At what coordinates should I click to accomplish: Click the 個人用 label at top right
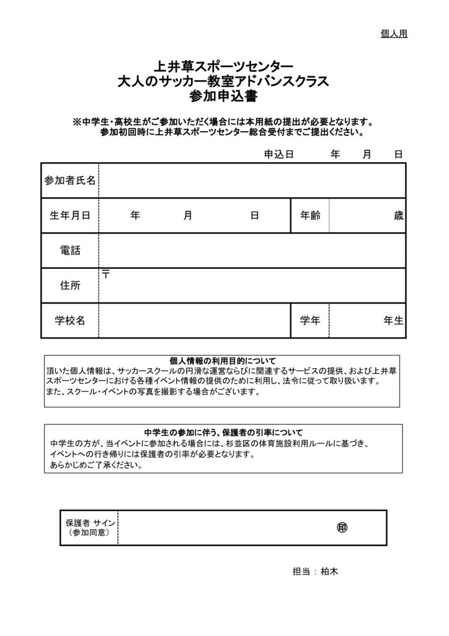point(393,34)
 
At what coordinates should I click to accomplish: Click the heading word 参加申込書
point(224,97)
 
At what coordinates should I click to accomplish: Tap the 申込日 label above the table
point(278,153)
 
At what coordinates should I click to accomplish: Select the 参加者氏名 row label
point(70,181)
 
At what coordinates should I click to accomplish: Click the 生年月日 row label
point(70,216)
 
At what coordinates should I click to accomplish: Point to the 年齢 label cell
point(310,216)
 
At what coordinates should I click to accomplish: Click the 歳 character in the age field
point(398,216)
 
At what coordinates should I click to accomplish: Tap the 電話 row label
point(70,250)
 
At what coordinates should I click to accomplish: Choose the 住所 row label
point(70,285)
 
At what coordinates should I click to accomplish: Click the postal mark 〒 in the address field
point(106,274)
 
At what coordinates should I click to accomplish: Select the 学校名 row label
point(70,320)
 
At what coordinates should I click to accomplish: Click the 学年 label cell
point(310,320)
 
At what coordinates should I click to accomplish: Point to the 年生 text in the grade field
point(393,320)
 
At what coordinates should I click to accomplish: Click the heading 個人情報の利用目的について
point(223,360)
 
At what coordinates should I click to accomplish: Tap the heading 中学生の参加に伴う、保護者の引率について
point(223,432)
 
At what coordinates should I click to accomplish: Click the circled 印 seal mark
point(342,527)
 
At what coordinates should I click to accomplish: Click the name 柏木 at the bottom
point(329,571)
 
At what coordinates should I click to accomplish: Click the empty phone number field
point(252,250)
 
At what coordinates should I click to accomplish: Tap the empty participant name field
point(252,181)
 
